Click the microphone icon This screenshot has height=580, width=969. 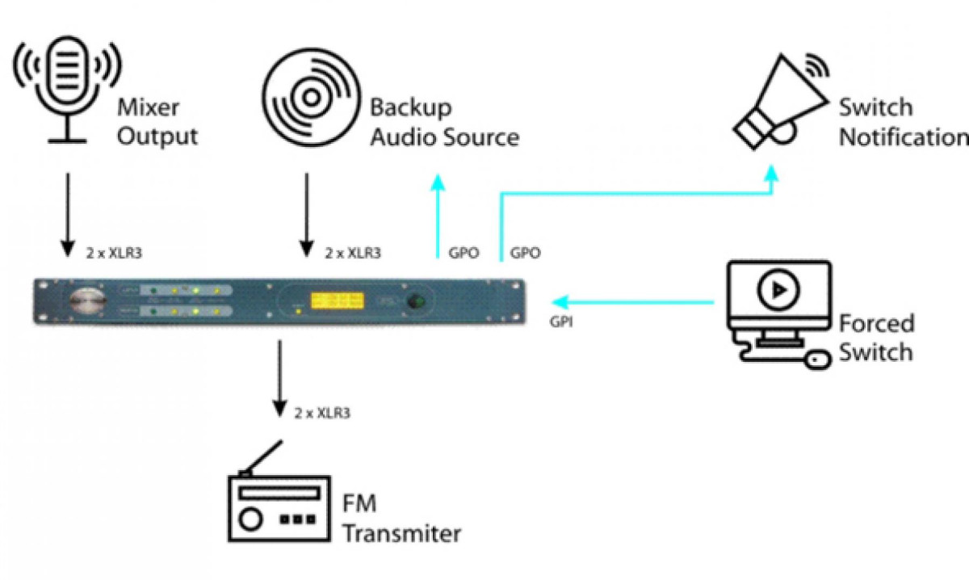pyautogui.click(x=66, y=90)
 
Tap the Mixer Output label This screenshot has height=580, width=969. pyautogui.click(x=157, y=121)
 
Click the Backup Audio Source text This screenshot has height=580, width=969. pyautogui.click(x=443, y=121)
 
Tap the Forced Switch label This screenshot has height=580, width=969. pyautogui.click(x=876, y=338)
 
